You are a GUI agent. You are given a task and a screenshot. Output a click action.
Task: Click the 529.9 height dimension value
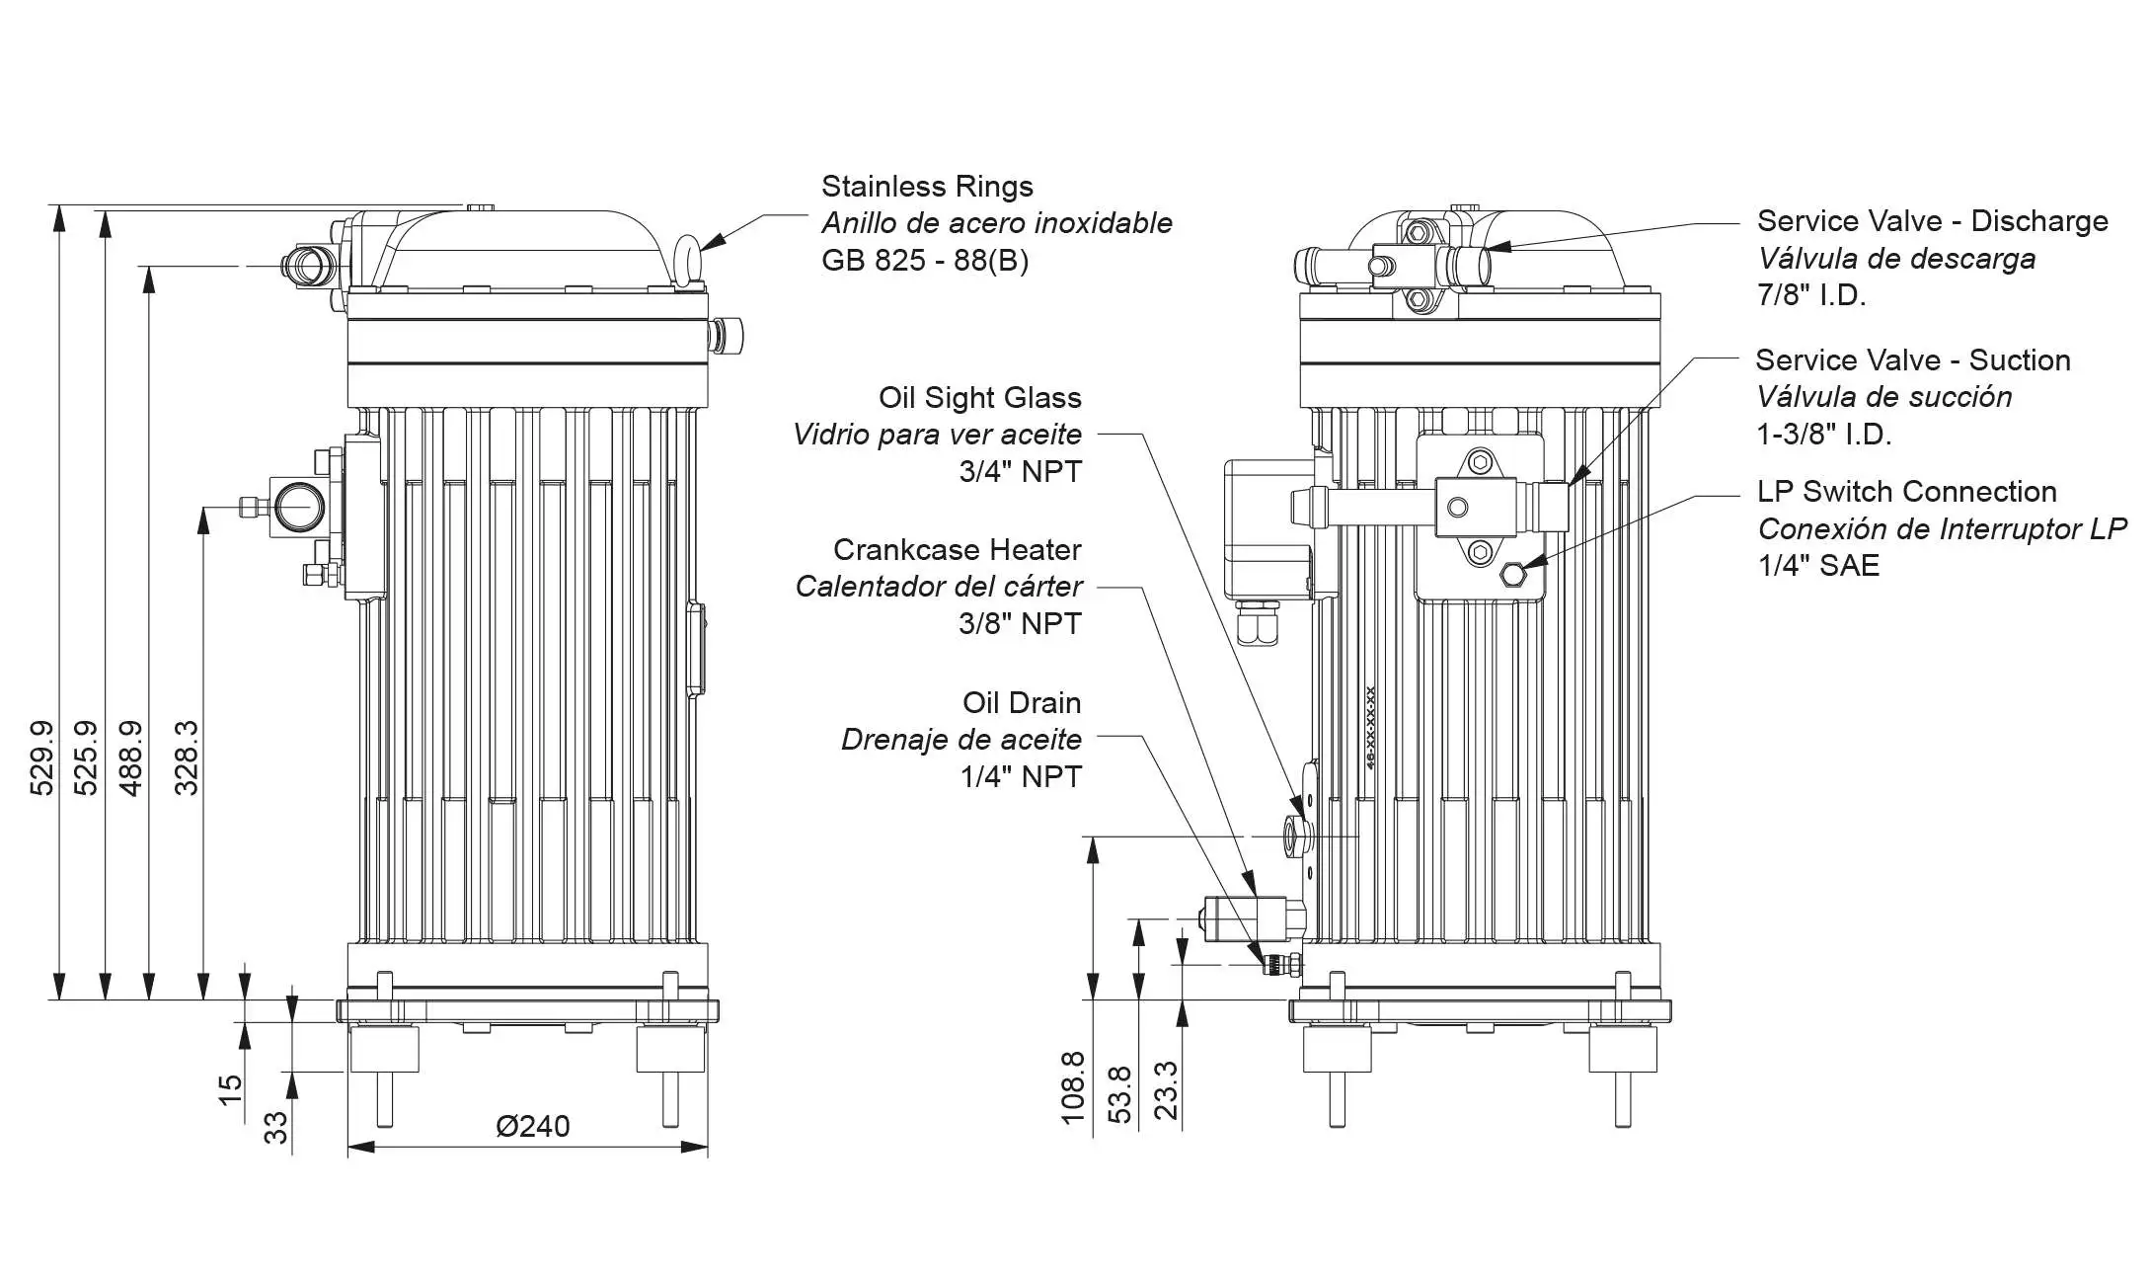click(41, 758)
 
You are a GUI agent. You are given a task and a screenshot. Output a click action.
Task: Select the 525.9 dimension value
click(86, 758)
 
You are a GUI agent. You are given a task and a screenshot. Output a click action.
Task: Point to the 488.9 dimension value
click(130, 758)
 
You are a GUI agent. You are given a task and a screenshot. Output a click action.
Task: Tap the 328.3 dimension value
click(186, 758)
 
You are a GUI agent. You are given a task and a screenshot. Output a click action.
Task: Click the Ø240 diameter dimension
click(532, 1126)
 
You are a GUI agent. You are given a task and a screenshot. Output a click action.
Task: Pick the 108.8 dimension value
click(1073, 1087)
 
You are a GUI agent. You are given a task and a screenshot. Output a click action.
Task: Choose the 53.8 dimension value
click(1119, 1094)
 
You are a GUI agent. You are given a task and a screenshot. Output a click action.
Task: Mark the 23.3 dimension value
click(1166, 1090)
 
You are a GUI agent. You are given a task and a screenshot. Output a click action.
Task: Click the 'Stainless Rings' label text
click(927, 187)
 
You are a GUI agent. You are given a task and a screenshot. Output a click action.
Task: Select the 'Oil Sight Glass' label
click(979, 398)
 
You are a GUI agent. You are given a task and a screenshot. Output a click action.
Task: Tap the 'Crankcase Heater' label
click(957, 550)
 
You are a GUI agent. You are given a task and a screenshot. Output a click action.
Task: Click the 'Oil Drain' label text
click(1022, 703)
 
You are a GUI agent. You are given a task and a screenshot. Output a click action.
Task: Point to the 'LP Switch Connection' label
click(1906, 492)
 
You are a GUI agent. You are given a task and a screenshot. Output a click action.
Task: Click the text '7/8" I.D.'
click(1811, 295)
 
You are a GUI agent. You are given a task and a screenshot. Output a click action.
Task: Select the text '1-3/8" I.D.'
click(1823, 435)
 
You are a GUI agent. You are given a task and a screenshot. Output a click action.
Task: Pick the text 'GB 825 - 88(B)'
click(925, 261)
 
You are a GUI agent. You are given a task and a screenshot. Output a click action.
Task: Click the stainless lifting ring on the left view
click(687, 259)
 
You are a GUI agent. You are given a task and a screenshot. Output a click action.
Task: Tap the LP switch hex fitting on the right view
click(1510, 575)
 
